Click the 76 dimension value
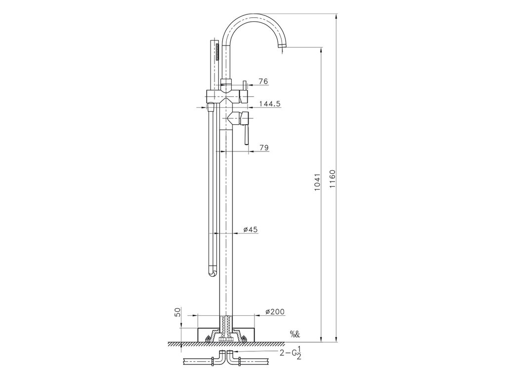[x=263, y=82]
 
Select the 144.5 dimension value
[x=270, y=103]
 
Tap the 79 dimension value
[x=264, y=147]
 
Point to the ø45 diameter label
[x=251, y=230]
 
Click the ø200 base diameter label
[x=275, y=312]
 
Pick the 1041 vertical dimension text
[x=318, y=182]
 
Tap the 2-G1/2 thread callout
[x=291, y=353]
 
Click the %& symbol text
[x=295, y=334]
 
